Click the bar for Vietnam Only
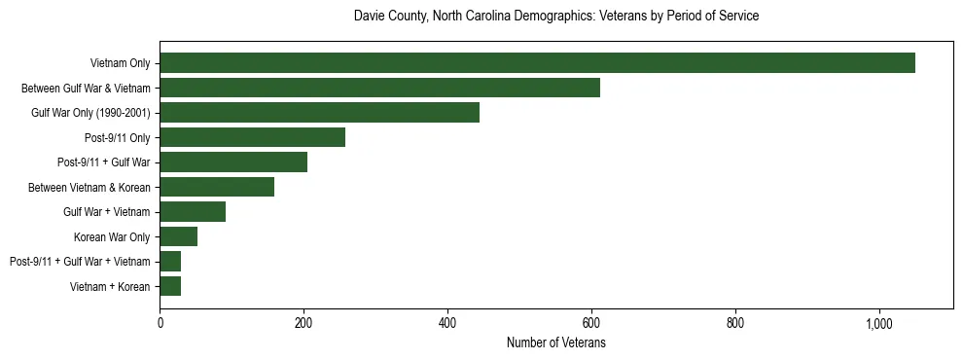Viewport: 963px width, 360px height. click(537, 63)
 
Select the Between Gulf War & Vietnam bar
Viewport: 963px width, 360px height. click(379, 88)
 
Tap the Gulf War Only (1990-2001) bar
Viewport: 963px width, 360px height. click(319, 113)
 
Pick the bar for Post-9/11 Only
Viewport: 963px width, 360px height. click(252, 137)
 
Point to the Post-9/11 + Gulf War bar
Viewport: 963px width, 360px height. click(233, 162)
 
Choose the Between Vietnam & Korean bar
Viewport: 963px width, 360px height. click(217, 187)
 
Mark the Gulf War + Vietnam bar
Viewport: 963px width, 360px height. click(193, 212)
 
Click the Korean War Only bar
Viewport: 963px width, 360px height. click(178, 236)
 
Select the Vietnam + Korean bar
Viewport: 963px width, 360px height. click(170, 286)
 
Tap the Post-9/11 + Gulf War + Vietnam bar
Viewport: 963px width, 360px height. click(170, 262)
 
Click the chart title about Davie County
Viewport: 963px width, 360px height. click(555, 17)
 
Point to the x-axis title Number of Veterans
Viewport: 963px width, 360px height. click(555, 343)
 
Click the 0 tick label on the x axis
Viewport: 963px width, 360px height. click(160, 324)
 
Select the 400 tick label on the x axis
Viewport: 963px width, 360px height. click(447, 324)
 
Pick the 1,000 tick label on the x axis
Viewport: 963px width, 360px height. click(879, 324)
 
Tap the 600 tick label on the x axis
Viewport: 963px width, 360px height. click(591, 324)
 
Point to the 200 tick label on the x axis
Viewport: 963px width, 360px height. click(303, 324)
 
